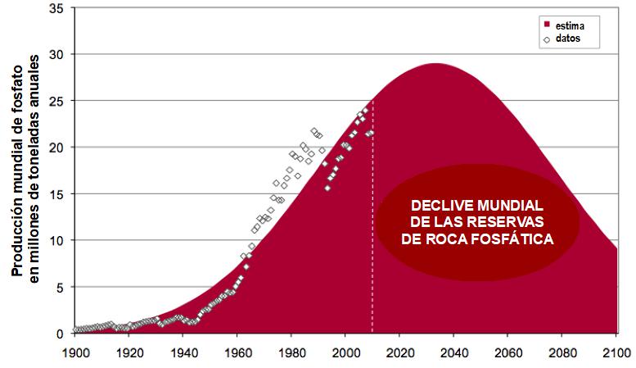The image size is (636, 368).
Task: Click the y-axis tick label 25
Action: [x=58, y=101]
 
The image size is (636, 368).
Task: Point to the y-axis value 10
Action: [x=58, y=241]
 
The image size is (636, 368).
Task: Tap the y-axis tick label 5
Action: [x=61, y=288]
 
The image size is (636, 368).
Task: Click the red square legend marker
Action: [x=546, y=25]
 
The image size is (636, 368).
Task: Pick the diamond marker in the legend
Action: [x=546, y=38]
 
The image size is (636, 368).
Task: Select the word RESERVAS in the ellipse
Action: [x=512, y=222]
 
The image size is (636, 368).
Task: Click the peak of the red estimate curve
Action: [x=436, y=64]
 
